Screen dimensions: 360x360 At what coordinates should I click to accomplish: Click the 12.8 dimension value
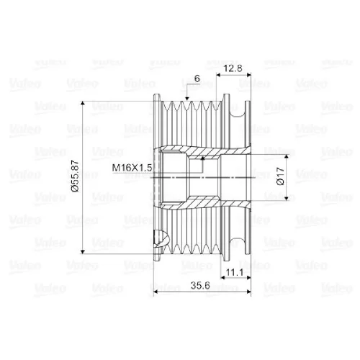click(x=233, y=68)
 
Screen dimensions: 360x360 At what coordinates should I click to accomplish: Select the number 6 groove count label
click(x=197, y=78)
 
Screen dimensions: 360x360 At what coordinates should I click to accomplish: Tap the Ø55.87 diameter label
click(x=76, y=176)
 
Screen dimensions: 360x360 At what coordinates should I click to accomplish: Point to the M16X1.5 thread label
click(x=132, y=168)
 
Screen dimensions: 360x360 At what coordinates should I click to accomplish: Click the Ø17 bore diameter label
click(x=280, y=176)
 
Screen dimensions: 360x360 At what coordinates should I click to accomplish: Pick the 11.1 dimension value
click(x=235, y=272)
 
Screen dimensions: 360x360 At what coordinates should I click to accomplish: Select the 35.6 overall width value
click(x=200, y=286)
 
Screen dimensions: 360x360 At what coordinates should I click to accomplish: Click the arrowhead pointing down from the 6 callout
click(x=187, y=98)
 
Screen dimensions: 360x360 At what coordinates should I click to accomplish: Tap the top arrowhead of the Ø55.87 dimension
click(x=83, y=104)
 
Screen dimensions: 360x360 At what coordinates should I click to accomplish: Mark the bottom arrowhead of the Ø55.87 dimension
click(x=83, y=251)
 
